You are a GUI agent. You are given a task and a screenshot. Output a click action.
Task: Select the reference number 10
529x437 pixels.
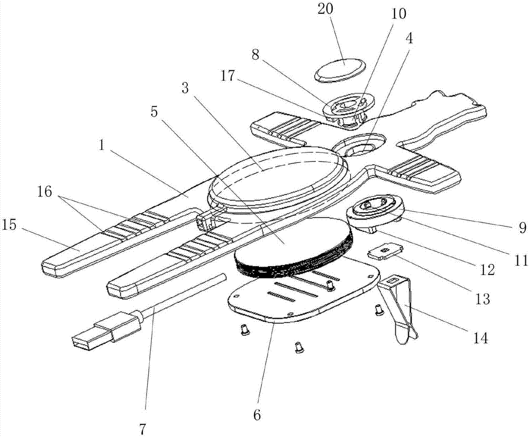coord(398,14)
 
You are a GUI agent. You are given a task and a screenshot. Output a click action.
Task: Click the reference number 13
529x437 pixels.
coord(482,300)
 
